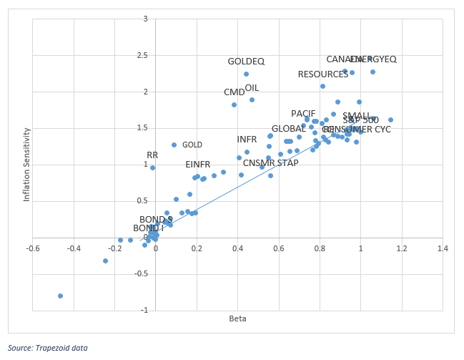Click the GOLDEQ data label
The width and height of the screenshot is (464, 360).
pyautogui.click(x=246, y=62)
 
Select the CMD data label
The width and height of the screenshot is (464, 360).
pyautogui.click(x=234, y=92)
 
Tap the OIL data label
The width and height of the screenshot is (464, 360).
pyautogui.click(x=252, y=88)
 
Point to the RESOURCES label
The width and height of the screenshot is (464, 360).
pyautogui.click(x=323, y=74)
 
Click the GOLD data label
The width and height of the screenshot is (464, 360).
pyautogui.click(x=192, y=145)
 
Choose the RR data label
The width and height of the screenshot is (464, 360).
pyautogui.click(x=152, y=155)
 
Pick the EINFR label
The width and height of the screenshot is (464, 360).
pyautogui.click(x=197, y=165)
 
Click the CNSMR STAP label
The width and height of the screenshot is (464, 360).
pyautogui.click(x=271, y=162)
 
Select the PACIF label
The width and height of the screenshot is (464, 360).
pyautogui.click(x=303, y=114)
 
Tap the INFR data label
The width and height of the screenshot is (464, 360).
pyautogui.click(x=247, y=139)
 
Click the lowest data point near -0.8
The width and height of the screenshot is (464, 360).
pyautogui.click(x=60, y=296)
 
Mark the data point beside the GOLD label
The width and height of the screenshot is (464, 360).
pyautogui.click(x=174, y=145)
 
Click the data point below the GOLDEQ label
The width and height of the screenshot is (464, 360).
pyautogui.click(x=246, y=74)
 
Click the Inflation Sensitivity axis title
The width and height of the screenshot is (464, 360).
pyautogui.click(x=27, y=165)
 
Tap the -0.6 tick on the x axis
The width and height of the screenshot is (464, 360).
pyautogui.click(x=33, y=249)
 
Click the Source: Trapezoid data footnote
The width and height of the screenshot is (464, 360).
pyautogui.click(x=49, y=348)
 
